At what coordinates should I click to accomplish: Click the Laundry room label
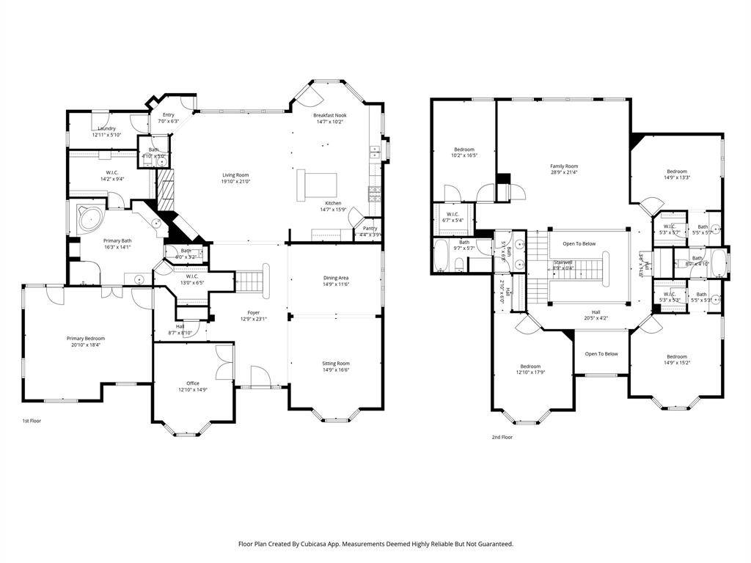(x=107, y=128)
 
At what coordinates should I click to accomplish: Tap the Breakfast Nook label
(x=329, y=115)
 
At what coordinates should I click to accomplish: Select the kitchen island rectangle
(x=317, y=185)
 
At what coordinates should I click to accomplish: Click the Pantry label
(x=370, y=229)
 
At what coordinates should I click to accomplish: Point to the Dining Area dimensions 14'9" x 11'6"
(x=336, y=284)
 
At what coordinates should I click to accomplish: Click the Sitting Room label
(x=336, y=363)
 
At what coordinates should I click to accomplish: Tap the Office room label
(x=192, y=383)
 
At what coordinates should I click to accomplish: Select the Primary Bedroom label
(x=86, y=339)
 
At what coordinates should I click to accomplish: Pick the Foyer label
(x=253, y=312)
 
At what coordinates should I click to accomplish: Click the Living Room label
(x=236, y=175)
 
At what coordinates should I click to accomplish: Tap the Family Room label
(x=564, y=166)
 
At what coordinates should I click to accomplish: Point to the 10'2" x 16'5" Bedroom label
(x=464, y=150)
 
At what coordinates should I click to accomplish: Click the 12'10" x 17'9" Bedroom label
(x=530, y=367)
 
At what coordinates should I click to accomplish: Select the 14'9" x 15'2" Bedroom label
(x=676, y=356)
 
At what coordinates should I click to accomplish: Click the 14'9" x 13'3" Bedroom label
(x=676, y=172)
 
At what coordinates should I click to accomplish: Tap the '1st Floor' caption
(x=32, y=422)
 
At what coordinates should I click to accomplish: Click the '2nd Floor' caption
(x=502, y=437)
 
